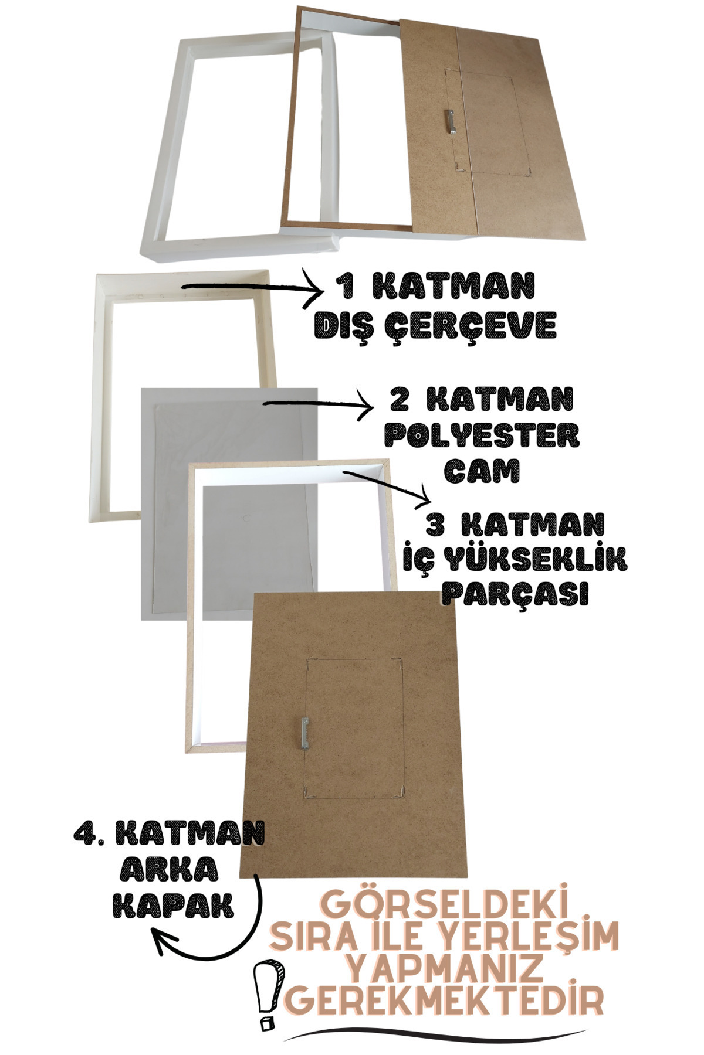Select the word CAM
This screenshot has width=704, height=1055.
[x=482, y=470]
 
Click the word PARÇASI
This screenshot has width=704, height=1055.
[x=515, y=594]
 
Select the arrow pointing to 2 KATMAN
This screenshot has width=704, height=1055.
[x=320, y=403]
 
